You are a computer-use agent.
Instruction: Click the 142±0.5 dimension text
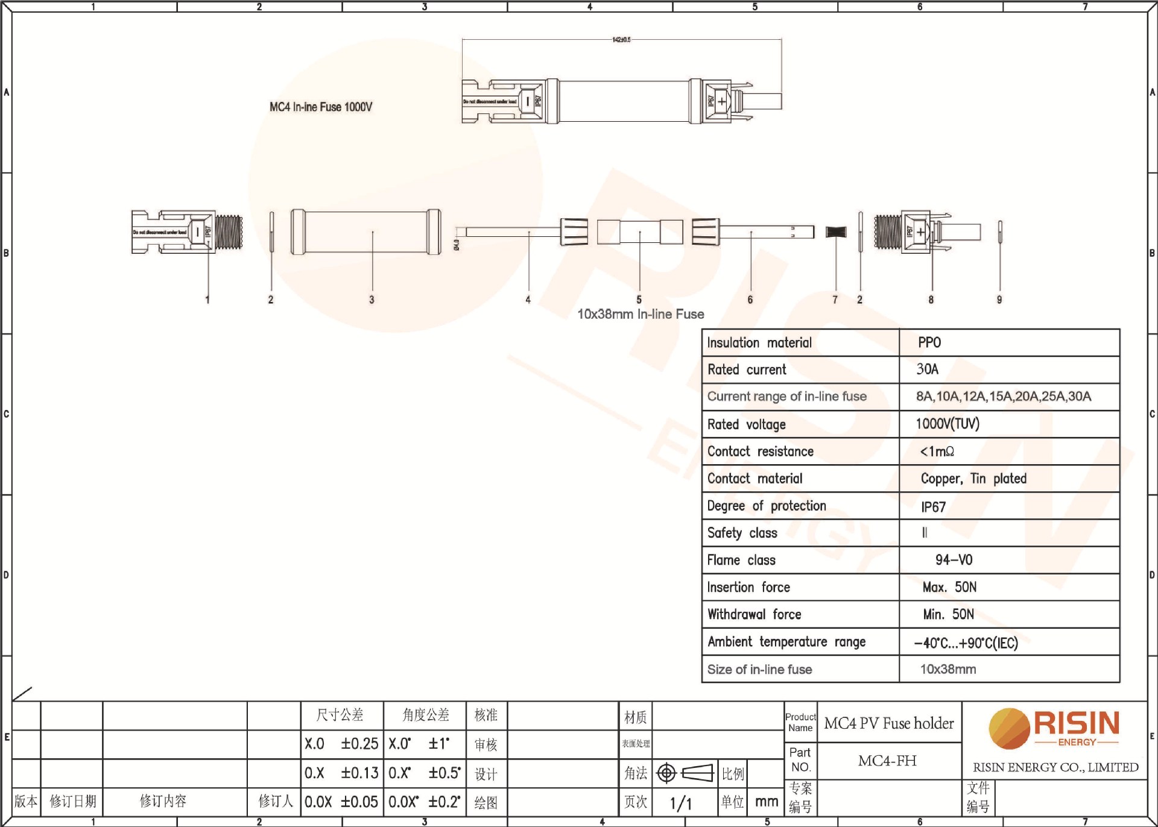pyautogui.click(x=621, y=40)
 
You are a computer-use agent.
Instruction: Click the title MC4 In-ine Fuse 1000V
pyautogui.click(x=321, y=107)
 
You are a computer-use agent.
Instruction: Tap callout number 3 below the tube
pyautogui.click(x=372, y=300)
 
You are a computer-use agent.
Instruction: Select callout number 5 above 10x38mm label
pyautogui.click(x=639, y=300)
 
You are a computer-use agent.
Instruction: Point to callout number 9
pyautogui.click(x=999, y=300)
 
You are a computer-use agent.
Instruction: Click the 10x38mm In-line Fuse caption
pyautogui.click(x=641, y=314)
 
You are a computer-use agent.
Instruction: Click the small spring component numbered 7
pyautogui.click(x=836, y=232)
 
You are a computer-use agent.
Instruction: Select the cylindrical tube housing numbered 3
pyautogui.click(x=365, y=232)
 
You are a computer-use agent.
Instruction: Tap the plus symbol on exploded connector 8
pyautogui.click(x=920, y=232)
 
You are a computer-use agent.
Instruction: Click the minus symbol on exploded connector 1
pyautogui.click(x=197, y=232)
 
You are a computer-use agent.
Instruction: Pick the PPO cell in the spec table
pyautogui.click(x=929, y=342)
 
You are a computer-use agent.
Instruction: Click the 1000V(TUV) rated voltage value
pyautogui.click(x=947, y=424)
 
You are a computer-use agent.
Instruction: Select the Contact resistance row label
pyautogui.click(x=760, y=451)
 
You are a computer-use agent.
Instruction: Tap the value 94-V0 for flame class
pyautogui.click(x=954, y=560)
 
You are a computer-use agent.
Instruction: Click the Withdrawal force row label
pyautogui.click(x=754, y=614)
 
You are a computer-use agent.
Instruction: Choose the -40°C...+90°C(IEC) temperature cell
pyautogui.click(x=966, y=643)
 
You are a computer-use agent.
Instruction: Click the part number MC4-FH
pyautogui.click(x=887, y=761)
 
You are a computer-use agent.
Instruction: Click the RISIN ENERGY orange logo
pyautogui.click(x=1053, y=729)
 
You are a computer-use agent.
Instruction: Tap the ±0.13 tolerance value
pyautogui.click(x=359, y=773)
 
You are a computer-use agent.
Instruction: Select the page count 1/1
pyautogui.click(x=680, y=803)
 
